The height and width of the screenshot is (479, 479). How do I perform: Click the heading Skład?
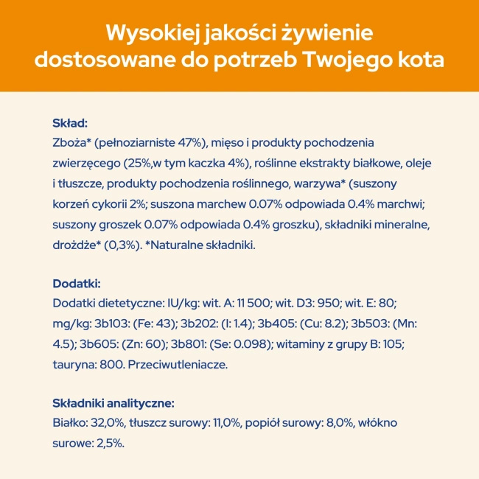[70, 122]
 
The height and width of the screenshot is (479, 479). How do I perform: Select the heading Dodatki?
[77, 284]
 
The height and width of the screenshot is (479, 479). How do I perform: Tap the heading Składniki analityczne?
[113, 403]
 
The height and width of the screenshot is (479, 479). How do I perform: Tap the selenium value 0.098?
[253, 343]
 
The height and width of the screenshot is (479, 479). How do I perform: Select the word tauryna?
[73, 364]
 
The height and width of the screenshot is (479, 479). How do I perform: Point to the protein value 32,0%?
[105, 423]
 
